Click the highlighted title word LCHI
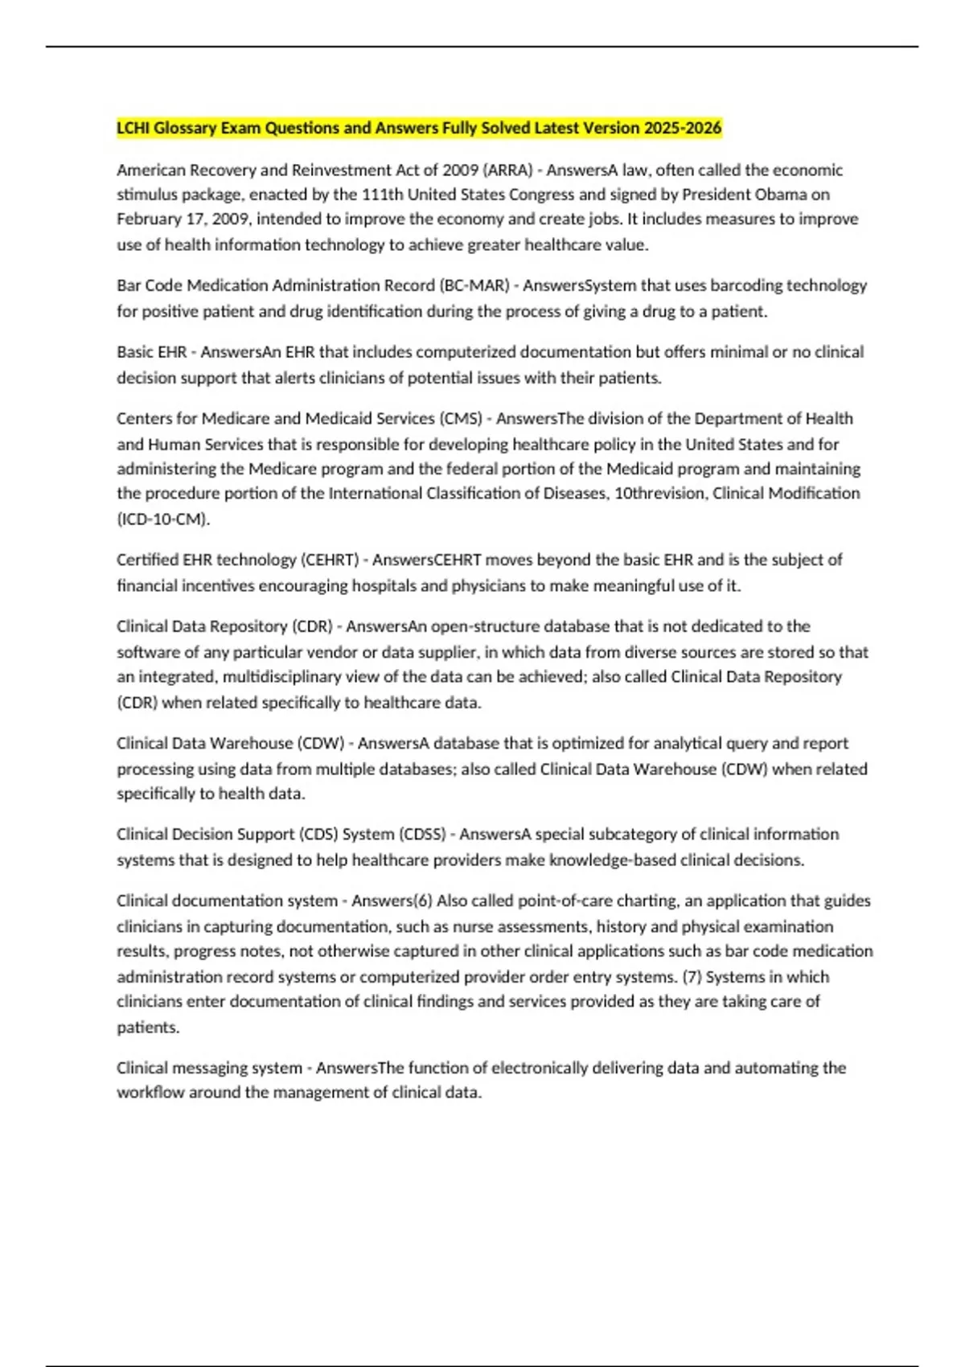[x=133, y=128]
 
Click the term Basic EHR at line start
[x=151, y=352]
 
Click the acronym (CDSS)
[x=423, y=834]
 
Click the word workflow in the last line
[x=150, y=1093]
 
